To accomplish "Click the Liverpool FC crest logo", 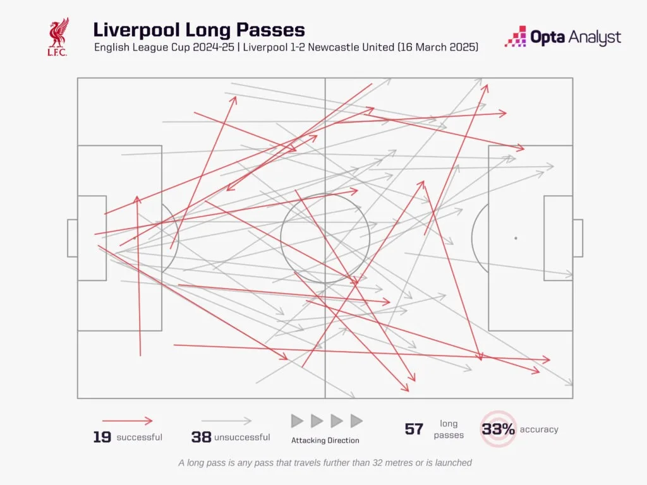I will tap(57, 37).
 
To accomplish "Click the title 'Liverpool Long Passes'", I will tap(199, 30).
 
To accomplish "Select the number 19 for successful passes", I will tap(102, 437).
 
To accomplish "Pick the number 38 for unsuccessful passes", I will tap(201, 437).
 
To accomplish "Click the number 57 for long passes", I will tap(414, 429).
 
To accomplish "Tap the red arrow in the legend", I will tap(128, 421).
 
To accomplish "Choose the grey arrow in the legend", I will tap(227, 421).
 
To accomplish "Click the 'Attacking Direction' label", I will tap(325, 440).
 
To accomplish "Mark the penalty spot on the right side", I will tap(516, 238).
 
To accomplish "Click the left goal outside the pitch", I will tap(72, 238).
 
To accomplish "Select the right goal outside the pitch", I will tap(577, 238).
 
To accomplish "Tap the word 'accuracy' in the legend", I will tap(539, 429).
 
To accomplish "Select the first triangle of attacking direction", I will tap(297, 421).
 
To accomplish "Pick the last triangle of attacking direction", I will tap(356, 421).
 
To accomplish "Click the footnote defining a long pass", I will tap(325, 462).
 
